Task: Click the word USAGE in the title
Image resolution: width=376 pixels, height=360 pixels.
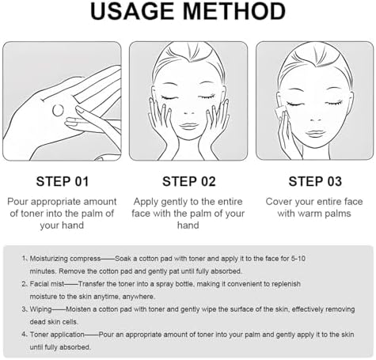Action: tap(132, 11)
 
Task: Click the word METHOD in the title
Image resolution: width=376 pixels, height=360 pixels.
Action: tap(234, 11)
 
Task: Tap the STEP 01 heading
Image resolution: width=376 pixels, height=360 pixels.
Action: tap(63, 181)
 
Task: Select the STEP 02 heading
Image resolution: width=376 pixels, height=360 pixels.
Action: tap(189, 181)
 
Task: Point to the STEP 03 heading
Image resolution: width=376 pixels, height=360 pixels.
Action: tap(315, 181)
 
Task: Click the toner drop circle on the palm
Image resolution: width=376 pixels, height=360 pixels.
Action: tap(58, 110)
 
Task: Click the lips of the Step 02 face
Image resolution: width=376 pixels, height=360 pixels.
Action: tap(188, 127)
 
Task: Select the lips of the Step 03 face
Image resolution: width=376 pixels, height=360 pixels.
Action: tap(315, 134)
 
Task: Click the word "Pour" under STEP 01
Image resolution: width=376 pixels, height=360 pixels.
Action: tap(17, 202)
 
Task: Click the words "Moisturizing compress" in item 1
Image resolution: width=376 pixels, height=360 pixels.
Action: tap(65, 259)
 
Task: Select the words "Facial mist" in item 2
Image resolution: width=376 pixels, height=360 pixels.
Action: tap(47, 284)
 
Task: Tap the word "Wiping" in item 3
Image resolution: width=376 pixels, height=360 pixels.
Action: tap(40, 309)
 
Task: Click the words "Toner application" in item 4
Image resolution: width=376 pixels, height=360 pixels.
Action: tap(57, 335)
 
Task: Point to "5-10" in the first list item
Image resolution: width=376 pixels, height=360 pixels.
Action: tap(298, 259)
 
